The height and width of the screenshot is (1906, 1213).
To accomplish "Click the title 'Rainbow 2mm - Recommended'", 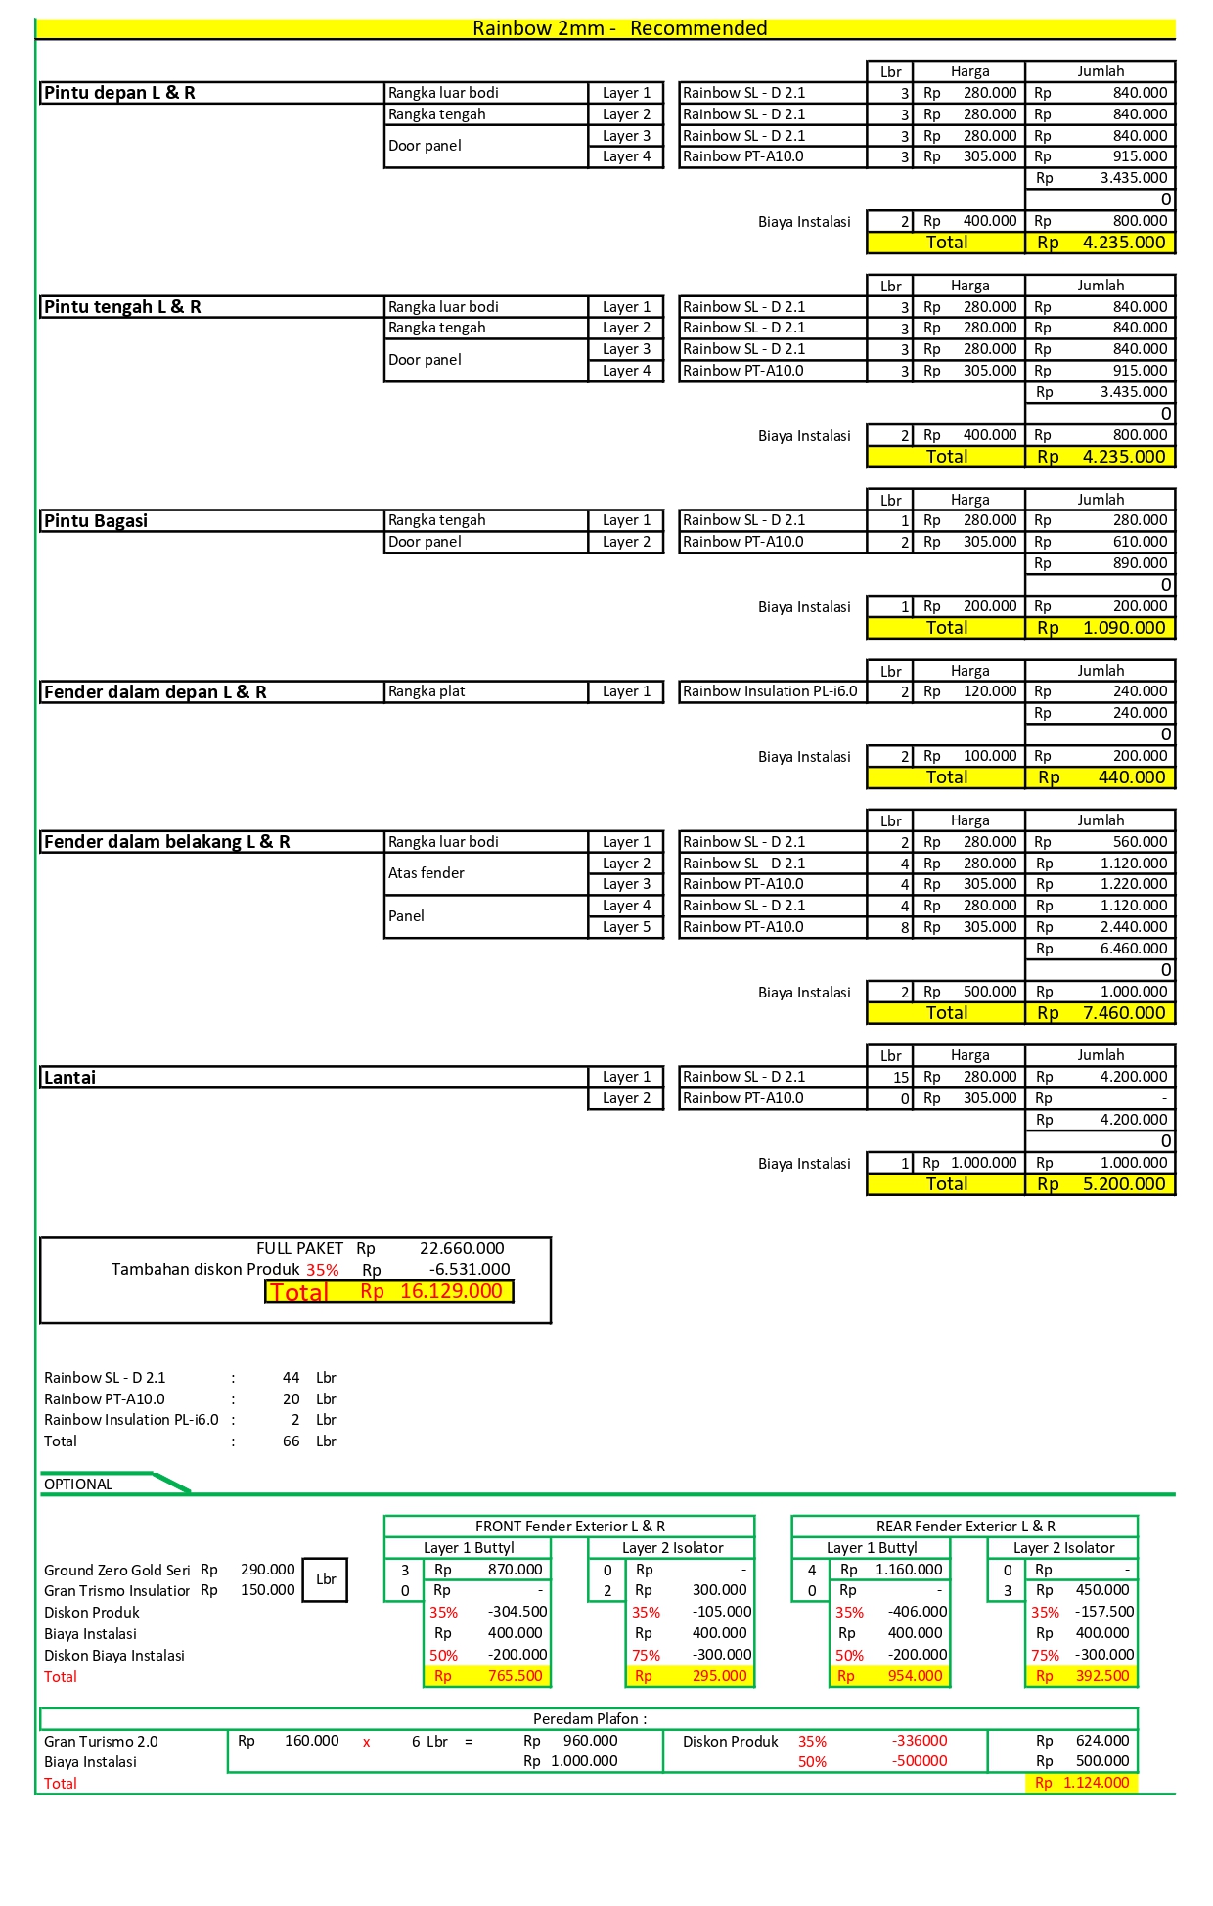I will [x=619, y=28].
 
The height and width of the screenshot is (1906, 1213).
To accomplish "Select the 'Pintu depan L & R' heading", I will [x=119, y=93].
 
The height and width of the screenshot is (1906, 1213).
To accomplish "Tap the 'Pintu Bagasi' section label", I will [x=96, y=521].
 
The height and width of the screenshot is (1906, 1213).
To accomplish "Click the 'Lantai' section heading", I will [x=70, y=1078].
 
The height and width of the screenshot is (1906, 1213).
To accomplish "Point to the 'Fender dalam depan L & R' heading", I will [x=155, y=692].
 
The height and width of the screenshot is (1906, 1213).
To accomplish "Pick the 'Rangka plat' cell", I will [x=427, y=691].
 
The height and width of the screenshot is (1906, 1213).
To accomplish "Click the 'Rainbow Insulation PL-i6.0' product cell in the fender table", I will [x=770, y=691].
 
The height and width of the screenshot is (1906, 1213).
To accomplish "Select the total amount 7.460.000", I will [x=1123, y=1013].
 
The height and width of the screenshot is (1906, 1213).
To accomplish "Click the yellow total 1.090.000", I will [x=1123, y=628].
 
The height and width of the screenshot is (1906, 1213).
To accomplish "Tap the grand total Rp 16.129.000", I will [x=450, y=1291].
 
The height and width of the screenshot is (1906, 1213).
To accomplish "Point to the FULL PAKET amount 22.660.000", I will [x=462, y=1248].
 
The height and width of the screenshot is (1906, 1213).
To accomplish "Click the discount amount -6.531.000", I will [x=469, y=1269].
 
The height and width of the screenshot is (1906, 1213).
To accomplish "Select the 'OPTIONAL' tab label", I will [x=78, y=1485].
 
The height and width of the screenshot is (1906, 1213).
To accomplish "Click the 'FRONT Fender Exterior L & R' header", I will [x=569, y=1526].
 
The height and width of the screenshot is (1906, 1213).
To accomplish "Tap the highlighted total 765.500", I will [x=515, y=1676].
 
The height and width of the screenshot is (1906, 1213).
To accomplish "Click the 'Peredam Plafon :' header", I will [x=589, y=1718].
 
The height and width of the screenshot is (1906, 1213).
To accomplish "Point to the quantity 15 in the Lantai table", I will [x=900, y=1077].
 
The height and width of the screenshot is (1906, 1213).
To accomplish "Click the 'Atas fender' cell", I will [x=427, y=873].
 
